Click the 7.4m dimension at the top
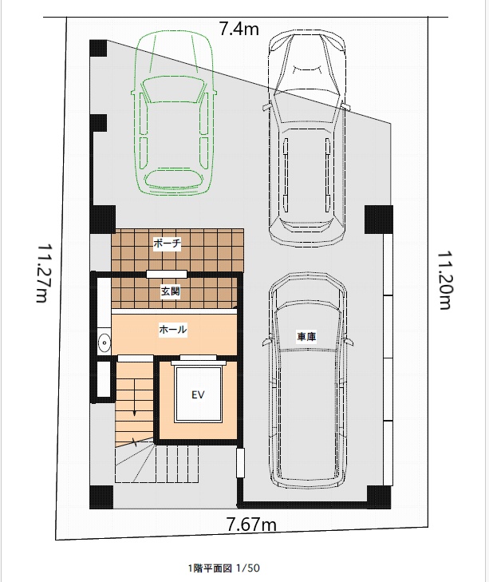click(x=239, y=29)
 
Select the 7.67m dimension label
click(x=251, y=525)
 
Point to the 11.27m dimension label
click(x=44, y=273)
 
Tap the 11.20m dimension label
click(x=444, y=280)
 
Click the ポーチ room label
click(x=167, y=243)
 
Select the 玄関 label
click(x=170, y=291)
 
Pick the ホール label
click(x=173, y=329)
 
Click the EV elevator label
click(x=198, y=394)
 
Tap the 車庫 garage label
click(x=306, y=337)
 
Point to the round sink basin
click(x=105, y=342)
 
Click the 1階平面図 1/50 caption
click(x=224, y=568)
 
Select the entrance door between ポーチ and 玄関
click(x=167, y=275)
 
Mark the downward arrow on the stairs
click(x=134, y=398)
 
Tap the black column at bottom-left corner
click(x=101, y=497)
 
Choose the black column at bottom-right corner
click(x=379, y=497)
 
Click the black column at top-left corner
click(x=98, y=48)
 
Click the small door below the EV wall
click(x=240, y=462)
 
